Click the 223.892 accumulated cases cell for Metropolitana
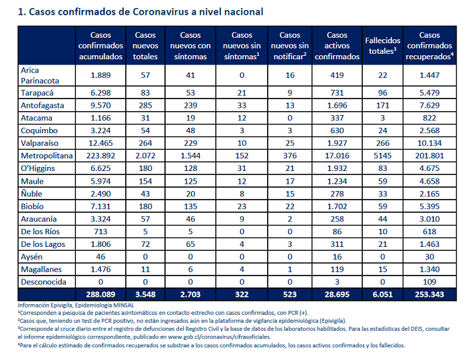pos(101,156)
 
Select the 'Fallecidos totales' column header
pos(382,46)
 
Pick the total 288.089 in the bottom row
pos(101,294)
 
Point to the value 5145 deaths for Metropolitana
pos(382,156)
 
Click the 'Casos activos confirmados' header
pos(337,46)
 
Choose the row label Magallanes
pos(41,270)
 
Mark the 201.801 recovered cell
pos(429,156)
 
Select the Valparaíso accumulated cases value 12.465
pos(101,143)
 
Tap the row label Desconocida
pos(43,282)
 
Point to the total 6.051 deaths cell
pos(382,294)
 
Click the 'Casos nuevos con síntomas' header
pos(190,46)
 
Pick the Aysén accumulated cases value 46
pos(101,257)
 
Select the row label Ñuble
pos(31,194)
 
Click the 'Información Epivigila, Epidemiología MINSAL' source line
pos(76,305)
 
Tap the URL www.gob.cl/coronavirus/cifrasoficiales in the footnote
pos(219,337)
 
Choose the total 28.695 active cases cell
pos(337,294)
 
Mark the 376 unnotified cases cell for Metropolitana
pos(290,156)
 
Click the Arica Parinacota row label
pos(40,76)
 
